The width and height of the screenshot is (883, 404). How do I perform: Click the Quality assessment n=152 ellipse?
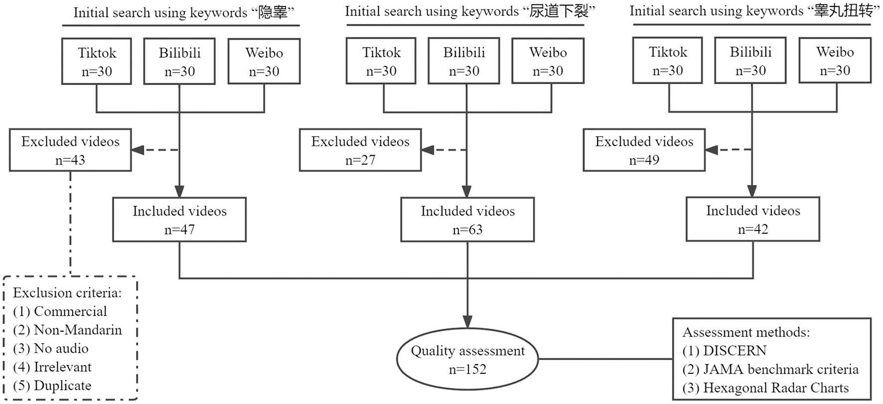click(467, 360)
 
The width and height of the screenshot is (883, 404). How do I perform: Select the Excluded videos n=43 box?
click(70, 150)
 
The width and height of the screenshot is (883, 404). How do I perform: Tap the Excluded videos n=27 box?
click(360, 150)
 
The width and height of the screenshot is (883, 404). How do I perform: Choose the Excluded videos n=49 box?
click(644, 150)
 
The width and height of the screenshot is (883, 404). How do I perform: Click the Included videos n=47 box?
click(179, 220)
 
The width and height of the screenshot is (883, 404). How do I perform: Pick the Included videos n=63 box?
click(467, 220)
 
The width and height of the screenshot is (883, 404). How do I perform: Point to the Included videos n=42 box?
click(753, 219)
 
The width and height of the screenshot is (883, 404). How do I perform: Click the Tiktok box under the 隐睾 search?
click(97, 61)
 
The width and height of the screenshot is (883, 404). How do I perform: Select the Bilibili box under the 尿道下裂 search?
click(464, 61)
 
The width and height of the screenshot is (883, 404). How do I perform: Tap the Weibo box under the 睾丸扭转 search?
click(835, 60)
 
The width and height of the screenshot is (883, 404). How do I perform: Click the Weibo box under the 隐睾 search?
click(264, 61)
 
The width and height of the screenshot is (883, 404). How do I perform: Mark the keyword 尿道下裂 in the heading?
click(559, 11)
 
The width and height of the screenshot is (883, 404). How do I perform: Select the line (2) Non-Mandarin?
click(68, 330)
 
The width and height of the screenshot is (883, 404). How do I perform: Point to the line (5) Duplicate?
click(52, 386)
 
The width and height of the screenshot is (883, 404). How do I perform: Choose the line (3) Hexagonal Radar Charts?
click(765, 388)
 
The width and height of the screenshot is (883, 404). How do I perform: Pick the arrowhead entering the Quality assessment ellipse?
click(467, 322)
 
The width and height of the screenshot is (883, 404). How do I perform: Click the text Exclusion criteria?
click(67, 293)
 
